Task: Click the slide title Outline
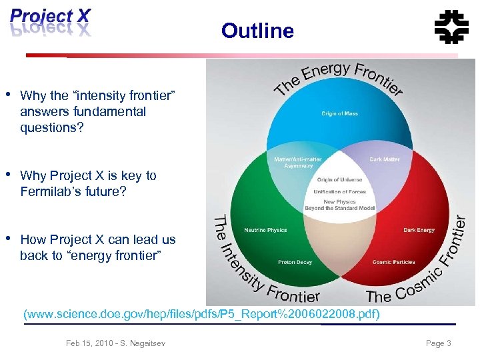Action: (x=257, y=31)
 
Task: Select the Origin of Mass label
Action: (x=339, y=114)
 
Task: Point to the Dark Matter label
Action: (x=385, y=159)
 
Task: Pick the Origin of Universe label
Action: (x=339, y=180)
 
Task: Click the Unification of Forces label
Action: (x=339, y=192)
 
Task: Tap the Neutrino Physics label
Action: (x=265, y=231)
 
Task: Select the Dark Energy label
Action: (x=419, y=231)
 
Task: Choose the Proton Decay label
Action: (x=295, y=263)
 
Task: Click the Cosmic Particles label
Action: (x=393, y=263)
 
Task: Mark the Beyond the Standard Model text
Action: (x=339, y=208)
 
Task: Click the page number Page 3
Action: (x=439, y=343)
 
